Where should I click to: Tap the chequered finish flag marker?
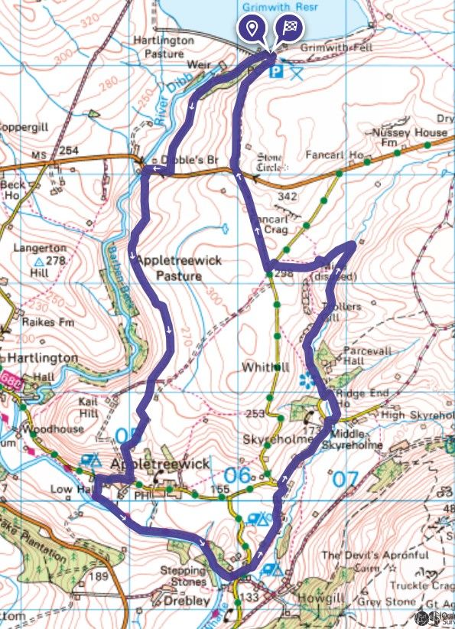coord(290,29)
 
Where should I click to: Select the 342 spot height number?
coord(288,197)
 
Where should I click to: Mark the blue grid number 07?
coord(345,478)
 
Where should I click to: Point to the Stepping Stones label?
coord(181,576)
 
